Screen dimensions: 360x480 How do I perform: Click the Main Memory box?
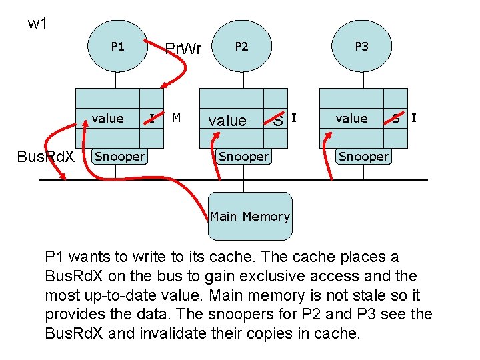coord(250,216)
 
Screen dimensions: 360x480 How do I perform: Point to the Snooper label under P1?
coord(119,157)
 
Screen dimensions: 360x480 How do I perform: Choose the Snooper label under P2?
coord(243,157)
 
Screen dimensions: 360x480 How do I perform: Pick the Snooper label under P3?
coord(363,157)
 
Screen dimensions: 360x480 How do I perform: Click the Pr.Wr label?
coord(183,49)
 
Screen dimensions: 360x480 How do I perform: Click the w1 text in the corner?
coord(37,24)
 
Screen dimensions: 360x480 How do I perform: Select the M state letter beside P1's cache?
coord(176,118)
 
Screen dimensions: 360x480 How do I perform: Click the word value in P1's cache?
coord(107,119)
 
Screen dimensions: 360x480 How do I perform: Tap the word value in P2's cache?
coord(227,121)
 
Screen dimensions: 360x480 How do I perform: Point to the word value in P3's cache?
coord(351,119)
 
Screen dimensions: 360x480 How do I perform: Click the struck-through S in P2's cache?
coord(278,121)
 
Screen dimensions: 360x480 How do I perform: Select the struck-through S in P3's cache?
coord(396,119)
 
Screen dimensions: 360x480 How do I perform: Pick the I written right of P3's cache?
coord(414,118)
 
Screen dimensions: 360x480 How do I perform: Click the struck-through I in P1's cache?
coord(151,119)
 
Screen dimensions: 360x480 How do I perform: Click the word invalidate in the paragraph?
coord(169,332)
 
